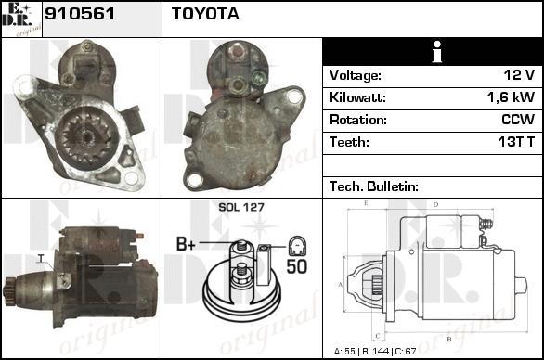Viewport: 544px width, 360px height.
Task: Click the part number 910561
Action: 80,14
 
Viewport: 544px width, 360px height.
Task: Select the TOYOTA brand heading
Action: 205,14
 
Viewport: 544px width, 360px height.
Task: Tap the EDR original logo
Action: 21,19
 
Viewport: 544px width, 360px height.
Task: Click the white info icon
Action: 437,52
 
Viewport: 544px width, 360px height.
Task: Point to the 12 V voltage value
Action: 519,75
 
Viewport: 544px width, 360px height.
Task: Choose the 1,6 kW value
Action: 511,97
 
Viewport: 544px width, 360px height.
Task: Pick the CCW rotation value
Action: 518,120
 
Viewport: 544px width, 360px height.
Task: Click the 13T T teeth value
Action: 516,142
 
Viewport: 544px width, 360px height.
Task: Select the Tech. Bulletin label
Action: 374,186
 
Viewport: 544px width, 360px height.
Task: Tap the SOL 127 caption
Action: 241,208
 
